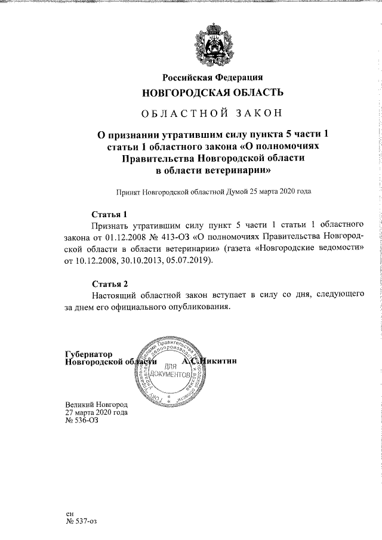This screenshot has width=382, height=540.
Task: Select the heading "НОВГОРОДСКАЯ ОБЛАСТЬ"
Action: pos(213,92)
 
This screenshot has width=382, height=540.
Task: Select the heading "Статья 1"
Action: pos(109,214)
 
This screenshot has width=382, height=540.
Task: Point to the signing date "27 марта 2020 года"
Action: pos(97,412)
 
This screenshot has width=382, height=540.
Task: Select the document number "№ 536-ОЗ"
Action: pos(81,420)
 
